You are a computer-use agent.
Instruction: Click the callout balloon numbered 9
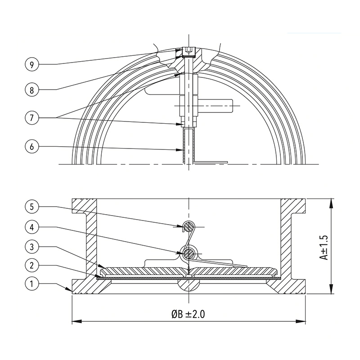tap(31, 64)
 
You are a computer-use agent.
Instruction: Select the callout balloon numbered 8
tap(31, 90)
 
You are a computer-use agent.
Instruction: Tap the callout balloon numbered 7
tap(31, 118)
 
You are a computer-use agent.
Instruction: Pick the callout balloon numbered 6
tap(31, 147)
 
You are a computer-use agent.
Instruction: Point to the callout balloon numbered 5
tap(31, 207)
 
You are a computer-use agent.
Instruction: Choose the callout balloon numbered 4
tap(31, 227)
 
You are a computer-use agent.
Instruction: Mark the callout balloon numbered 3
tap(31, 247)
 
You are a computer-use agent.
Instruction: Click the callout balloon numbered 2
tap(31, 265)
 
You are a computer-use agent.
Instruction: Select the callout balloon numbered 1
tap(31, 284)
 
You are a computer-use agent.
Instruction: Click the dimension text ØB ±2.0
tap(188, 314)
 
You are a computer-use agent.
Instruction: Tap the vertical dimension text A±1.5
tap(324, 247)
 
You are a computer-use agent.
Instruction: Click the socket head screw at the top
tap(189, 52)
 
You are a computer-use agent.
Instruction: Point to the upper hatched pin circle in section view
tap(189, 227)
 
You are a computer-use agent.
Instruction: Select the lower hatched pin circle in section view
tap(189, 253)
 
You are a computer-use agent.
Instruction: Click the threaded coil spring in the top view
tap(189, 146)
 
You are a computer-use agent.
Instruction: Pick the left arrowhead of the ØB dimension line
tap(77, 321)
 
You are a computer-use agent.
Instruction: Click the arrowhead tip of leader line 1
tap(72, 292)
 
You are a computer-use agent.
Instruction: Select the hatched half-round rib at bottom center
tap(189, 286)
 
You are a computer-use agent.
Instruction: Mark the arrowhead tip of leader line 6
tap(183, 150)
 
